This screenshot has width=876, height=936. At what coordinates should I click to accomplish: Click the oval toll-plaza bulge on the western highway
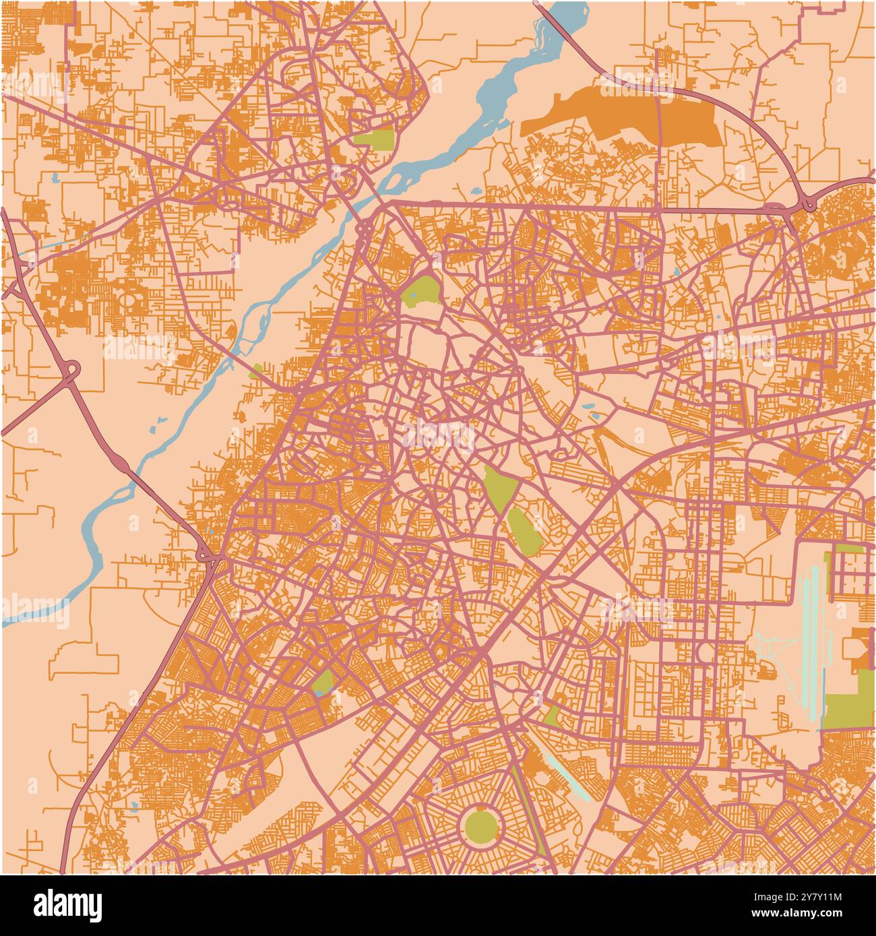pyautogui.click(x=122, y=465)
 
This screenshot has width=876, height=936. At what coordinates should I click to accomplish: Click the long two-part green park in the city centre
pyautogui.click(x=511, y=509)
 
